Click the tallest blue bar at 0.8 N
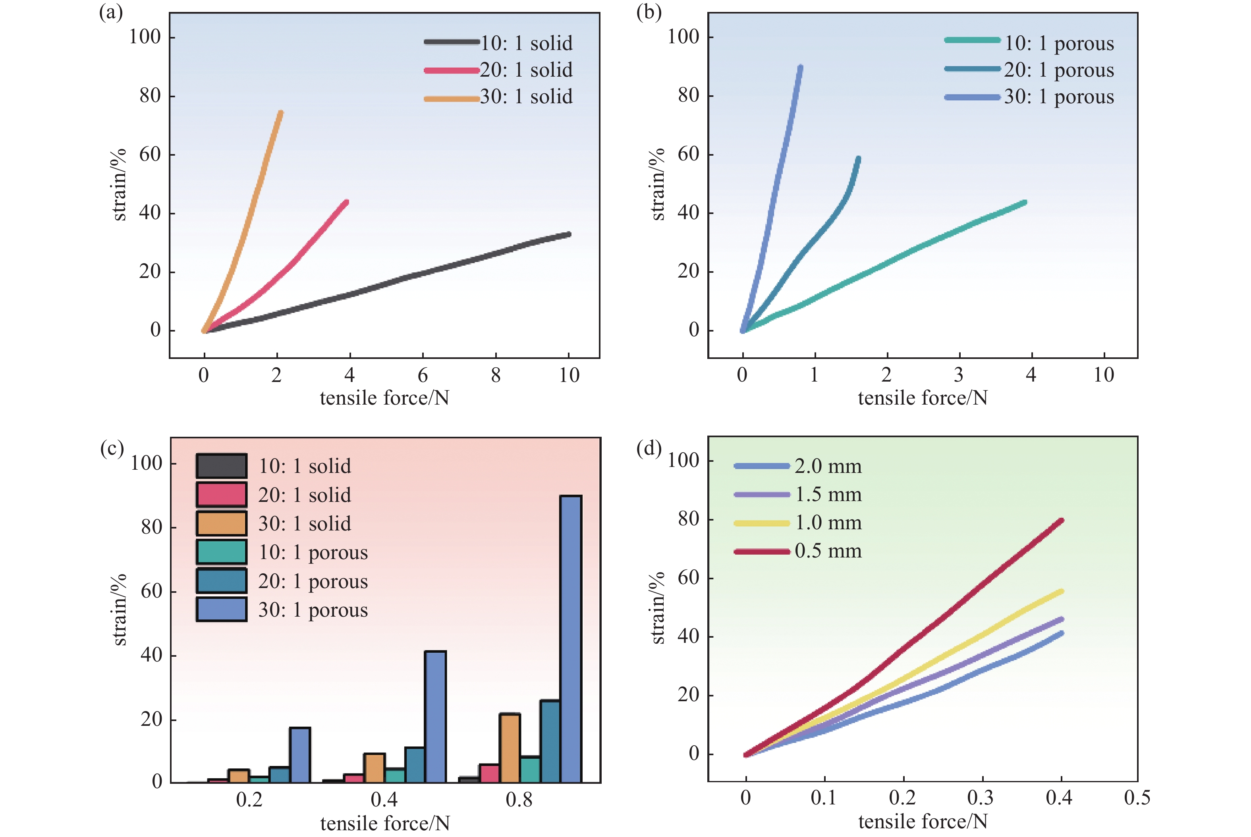coord(571,638)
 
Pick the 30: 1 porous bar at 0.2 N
coord(300,755)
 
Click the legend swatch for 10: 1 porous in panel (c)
coord(221,552)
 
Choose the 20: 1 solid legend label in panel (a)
coord(526,70)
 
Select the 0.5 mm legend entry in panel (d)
coord(828,551)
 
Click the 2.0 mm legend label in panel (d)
coord(828,466)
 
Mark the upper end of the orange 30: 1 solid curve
coord(281,113)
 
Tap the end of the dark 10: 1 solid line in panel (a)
coord(569,234)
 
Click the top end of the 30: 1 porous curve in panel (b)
coord(800,67)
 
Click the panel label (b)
coord(649,12)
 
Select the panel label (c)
coord(112,447)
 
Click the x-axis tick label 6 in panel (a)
coord(422,375)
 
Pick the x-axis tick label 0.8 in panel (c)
coord(519,799)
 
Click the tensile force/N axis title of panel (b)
coord(922,398)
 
